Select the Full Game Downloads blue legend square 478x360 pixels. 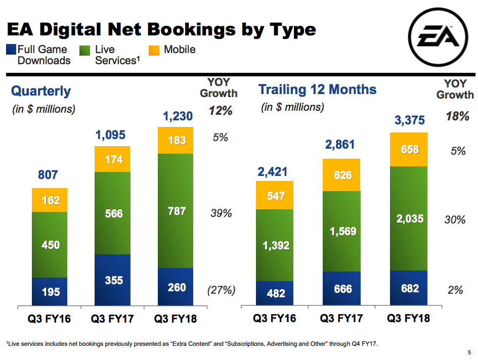point(11,50)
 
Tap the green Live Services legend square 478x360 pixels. point(85,50)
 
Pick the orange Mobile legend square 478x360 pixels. point(154,50)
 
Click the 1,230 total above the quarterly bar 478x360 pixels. point(178,117)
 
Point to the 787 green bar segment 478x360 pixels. point(176,210)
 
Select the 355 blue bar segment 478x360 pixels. point(113,280)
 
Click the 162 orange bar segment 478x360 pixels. point(50,200)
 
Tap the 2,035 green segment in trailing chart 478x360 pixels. point(409,219)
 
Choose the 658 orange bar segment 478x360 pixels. point(409,150)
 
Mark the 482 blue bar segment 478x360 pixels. point(275,293)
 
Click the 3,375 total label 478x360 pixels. point(410,121)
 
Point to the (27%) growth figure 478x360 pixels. point(221,290)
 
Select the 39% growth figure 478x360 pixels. point(221,213)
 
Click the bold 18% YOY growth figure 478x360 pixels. point(457,116)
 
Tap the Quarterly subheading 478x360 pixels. point(41,92)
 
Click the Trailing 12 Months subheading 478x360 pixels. point(317,90)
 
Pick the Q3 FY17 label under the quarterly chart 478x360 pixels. point(112,319)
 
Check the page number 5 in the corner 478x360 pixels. point(469,352)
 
